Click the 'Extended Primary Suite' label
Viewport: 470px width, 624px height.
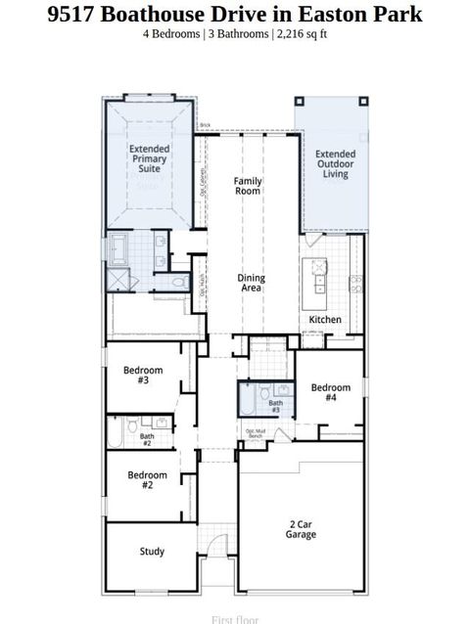149,159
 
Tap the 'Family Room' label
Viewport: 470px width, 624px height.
248,187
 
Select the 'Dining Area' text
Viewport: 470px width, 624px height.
252,284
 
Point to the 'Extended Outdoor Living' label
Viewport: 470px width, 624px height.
335,164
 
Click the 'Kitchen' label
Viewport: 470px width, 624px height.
325,320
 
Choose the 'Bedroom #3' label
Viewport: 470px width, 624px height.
143,375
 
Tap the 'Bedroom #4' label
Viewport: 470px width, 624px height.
330,393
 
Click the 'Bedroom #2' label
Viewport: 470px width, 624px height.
148,480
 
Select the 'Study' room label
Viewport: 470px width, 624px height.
152,552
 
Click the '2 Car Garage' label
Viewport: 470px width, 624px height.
300,529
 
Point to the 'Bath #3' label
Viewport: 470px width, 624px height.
276,406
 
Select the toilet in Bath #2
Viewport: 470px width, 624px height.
117,429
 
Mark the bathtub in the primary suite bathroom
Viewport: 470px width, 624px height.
118,249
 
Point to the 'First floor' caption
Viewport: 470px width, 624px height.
235,618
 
